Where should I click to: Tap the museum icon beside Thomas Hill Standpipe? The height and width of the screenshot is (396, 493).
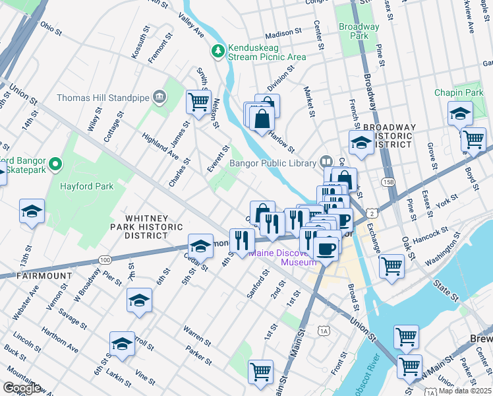[x=159, y=98]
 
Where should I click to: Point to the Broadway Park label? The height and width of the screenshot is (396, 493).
[x=359, y=31]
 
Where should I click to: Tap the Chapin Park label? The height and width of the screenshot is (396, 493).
[x=459, y=93]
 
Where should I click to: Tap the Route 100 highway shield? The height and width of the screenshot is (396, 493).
[x=105, y=260]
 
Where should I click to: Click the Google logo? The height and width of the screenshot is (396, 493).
[x=22, y=388]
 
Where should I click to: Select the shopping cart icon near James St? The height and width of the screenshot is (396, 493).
[x=198, y=102]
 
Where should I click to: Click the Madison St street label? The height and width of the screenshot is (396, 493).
[x=283, y=34]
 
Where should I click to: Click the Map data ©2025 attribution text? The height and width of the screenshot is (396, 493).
[x=465, y=391]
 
